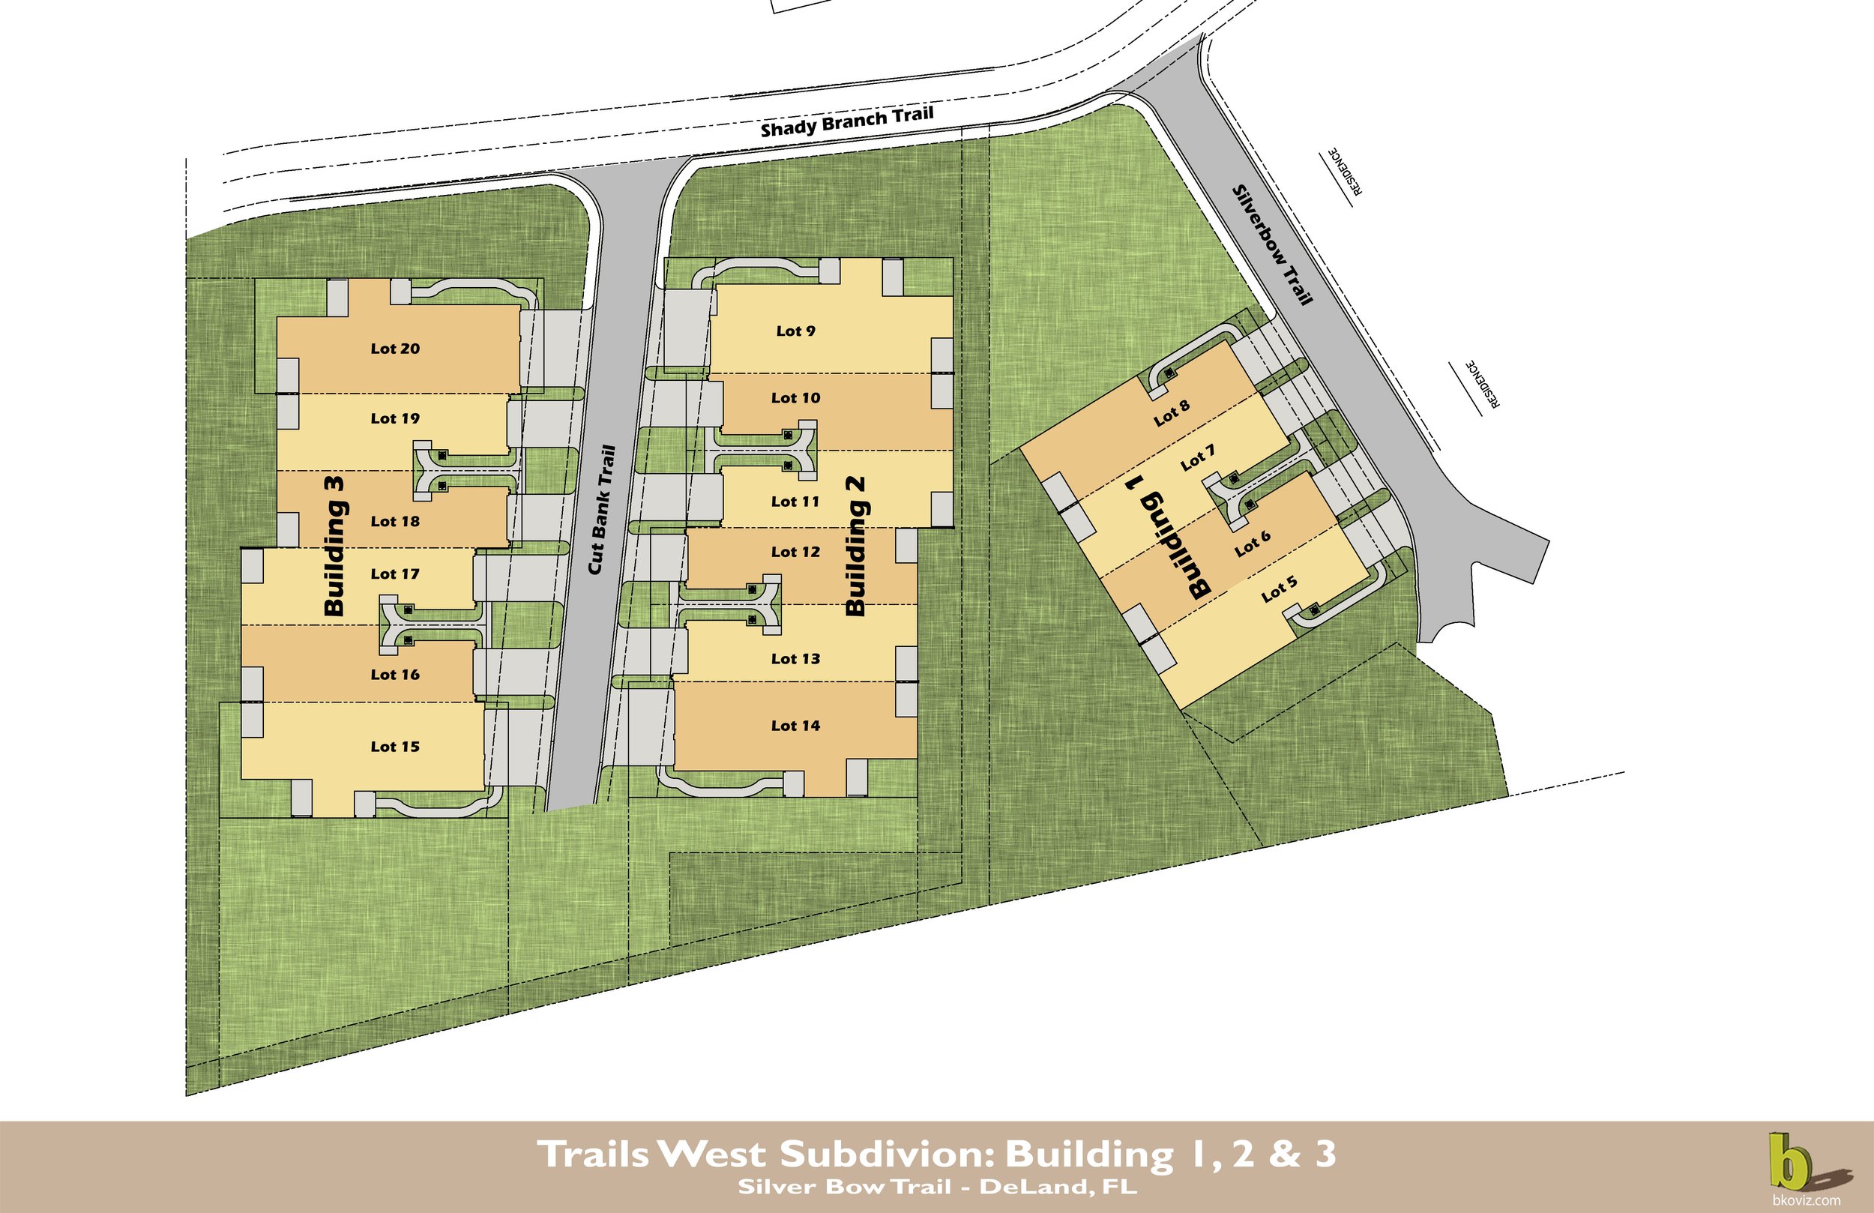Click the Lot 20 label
click(395, 348)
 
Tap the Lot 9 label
click(795, 331)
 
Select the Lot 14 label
click(795, 726)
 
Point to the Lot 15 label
click(395, 746)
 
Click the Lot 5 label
click(1279, 589)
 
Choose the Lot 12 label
click(795, 551)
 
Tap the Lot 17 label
click(395, 574)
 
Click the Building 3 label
click(334, 546)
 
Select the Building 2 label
click(856, 546)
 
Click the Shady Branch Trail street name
click(846, 122)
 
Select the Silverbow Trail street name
click(1272, 244)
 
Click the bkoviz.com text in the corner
click(1806, 1200)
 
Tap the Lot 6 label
click(1252, 542)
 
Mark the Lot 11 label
click(795, 501)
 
